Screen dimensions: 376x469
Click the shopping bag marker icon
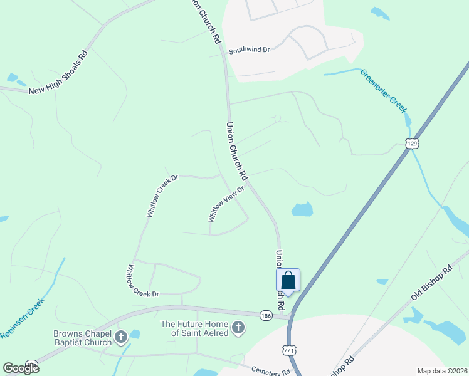[288, 280]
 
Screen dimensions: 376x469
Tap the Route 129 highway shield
[411, 144]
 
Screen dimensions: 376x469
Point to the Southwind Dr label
[249, 50]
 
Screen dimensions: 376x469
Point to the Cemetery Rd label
[271, 371]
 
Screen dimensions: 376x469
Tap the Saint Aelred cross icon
[238, 326]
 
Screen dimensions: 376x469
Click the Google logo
[21, 368]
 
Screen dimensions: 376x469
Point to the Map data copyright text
[442, 371]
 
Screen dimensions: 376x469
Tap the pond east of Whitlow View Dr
[302, 209]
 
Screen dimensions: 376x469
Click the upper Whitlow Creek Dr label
[162, 196]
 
